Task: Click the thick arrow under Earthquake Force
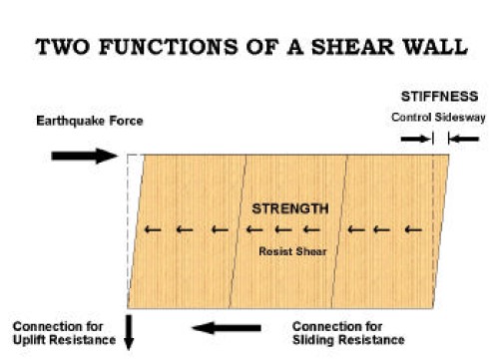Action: point(84,156)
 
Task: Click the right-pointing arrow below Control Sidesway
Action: point(411,139)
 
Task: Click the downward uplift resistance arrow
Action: point(128,330)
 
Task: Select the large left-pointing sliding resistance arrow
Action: point(228,327)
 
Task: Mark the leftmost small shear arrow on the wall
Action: point(152,230)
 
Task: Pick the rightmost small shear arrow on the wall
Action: point(408,230)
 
